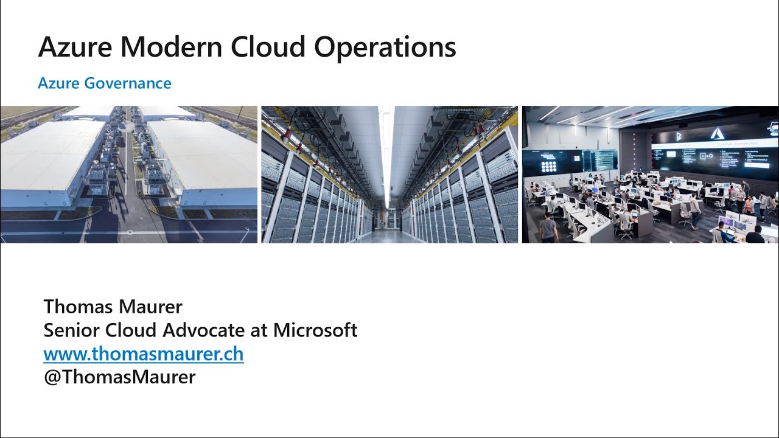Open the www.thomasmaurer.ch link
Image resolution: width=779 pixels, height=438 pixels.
click(x=144, y=353)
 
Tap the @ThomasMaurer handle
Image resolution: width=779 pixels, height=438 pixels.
click(x=119, y=377)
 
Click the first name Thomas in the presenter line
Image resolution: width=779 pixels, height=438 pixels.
click(x=77, y=306)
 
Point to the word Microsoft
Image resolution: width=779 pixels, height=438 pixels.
click(x=315, y=330)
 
